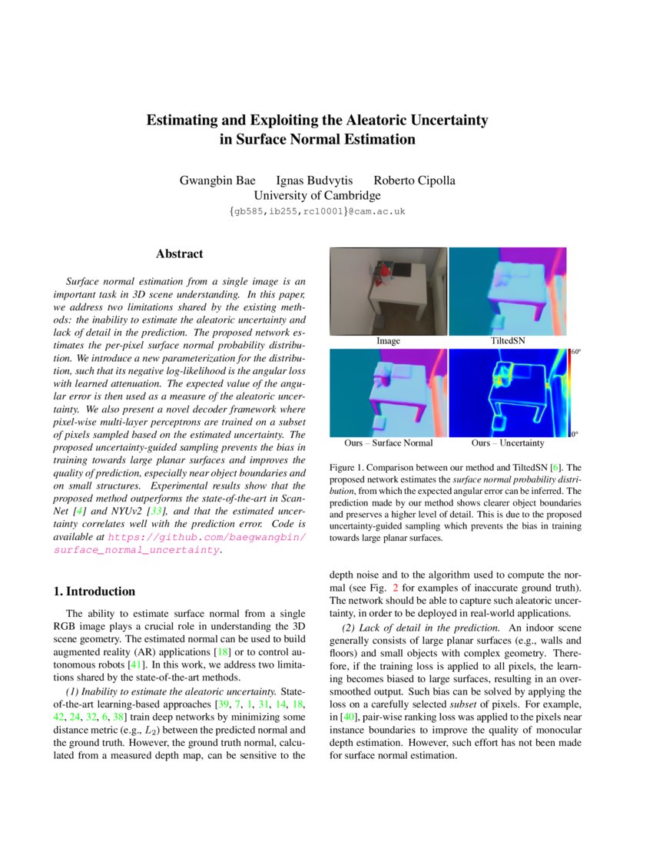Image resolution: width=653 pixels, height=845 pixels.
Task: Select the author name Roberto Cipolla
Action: pos(414,181)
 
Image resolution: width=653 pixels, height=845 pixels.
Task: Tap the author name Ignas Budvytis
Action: pos(310,181)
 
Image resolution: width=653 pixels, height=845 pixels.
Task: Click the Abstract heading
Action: pos(179,253)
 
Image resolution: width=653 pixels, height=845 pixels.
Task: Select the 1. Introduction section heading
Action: pos(94,591)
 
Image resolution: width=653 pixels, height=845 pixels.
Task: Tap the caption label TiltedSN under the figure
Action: pos(507,340)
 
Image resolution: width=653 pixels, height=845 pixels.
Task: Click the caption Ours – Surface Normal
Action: pos(388,443)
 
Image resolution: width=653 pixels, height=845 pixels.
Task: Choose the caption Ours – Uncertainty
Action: pos(507,443)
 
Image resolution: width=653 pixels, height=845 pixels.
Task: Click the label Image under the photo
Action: pos(388,340)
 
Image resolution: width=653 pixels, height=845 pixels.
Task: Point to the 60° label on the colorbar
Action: pos(575,352)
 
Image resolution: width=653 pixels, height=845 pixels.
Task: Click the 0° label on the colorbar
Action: pos(575,435)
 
